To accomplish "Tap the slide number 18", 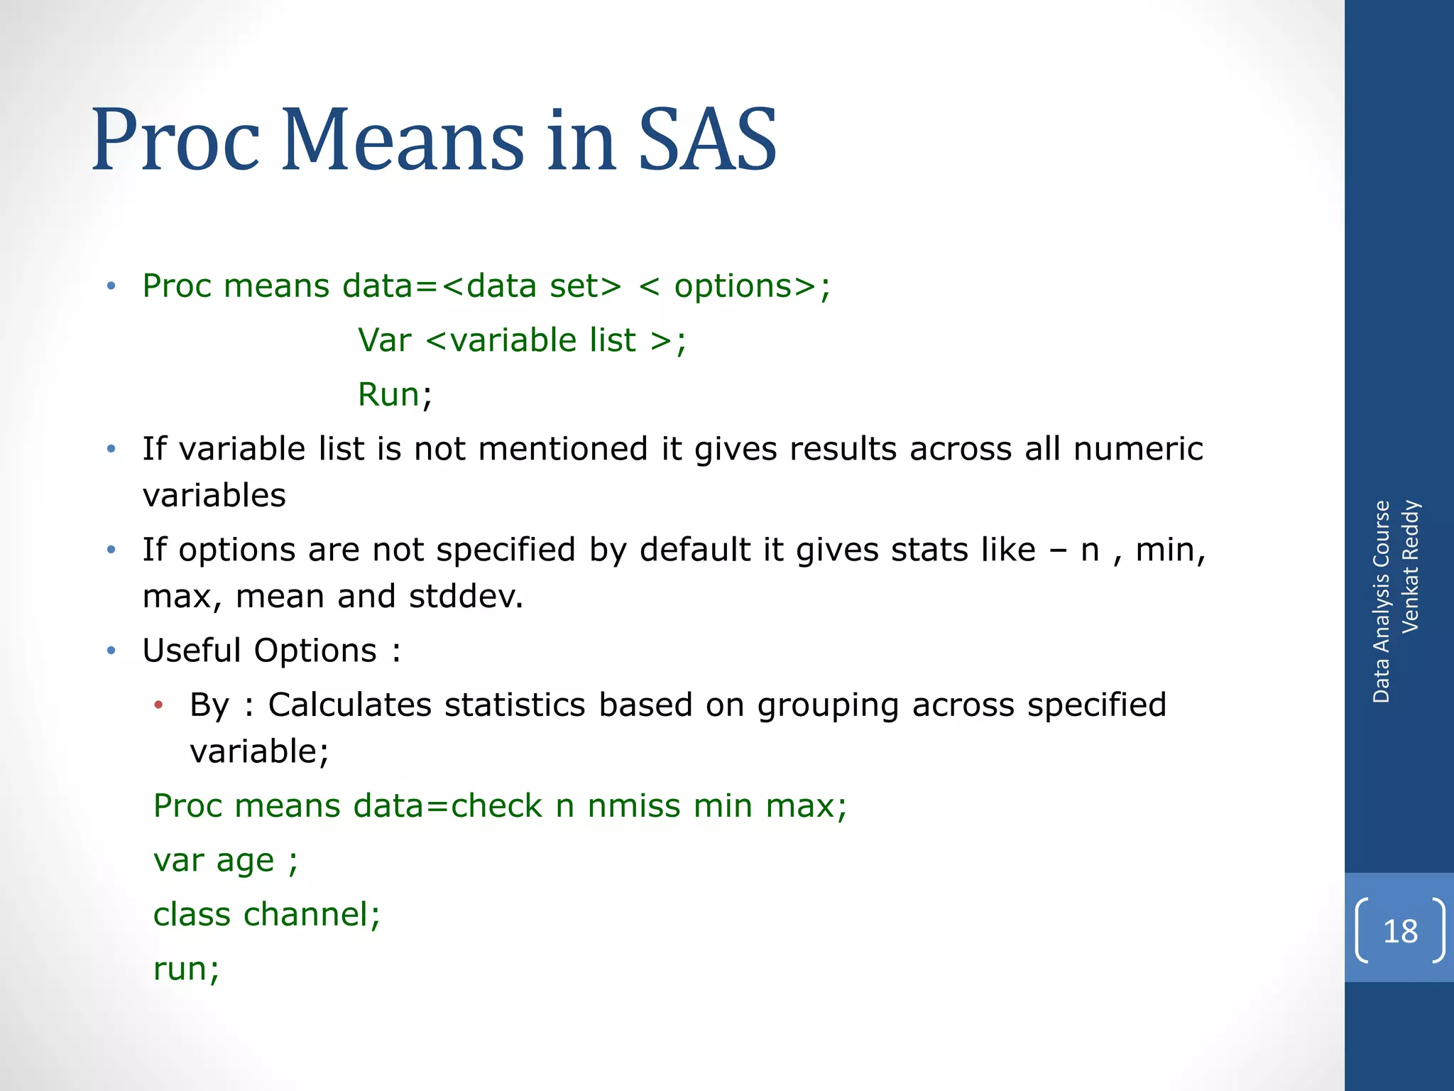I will (1400, 931).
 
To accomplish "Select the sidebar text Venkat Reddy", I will (1410, 566).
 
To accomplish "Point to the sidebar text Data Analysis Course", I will (1381, 602).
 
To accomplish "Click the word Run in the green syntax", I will (388, 394).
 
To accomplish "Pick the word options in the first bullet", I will (733, 286).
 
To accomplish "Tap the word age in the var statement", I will (245, 862).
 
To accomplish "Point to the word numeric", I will (1138, 449).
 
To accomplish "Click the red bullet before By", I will (159, 705).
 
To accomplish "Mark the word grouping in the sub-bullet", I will (828, 705).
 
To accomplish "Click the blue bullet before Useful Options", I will (111, 651).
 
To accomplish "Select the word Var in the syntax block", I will (384, 340).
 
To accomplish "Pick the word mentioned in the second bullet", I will (563, 449).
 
